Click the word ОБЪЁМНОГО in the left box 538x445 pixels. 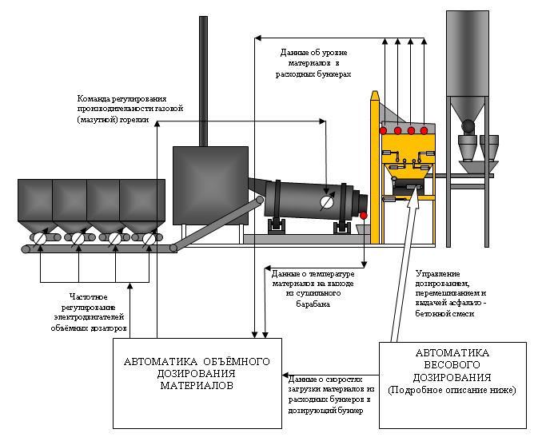click(x=237, y=361)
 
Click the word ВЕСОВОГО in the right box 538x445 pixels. click(x=452, y=365)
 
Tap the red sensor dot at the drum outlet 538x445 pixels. click(x=364, y=216)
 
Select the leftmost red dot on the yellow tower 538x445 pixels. click(x=383, y=130)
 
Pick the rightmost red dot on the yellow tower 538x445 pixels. click(x=424, y=130)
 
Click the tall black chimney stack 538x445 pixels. click(x=204, y=81)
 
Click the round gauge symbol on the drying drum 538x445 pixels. click(x=326, y=202)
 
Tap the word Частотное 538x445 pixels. click(x=89, y=297)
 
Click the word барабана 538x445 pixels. click(x=313, y=304)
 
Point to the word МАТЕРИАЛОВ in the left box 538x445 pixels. click(x=197, y=386)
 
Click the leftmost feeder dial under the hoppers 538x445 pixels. click(x=40, y=238)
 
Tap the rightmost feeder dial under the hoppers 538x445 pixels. click(x=149, y=238)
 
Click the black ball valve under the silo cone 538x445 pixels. click(x=468, y=125)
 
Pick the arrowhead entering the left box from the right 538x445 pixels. click(x=285, y=375)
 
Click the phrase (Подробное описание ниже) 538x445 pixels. click(x=452, y=391)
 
